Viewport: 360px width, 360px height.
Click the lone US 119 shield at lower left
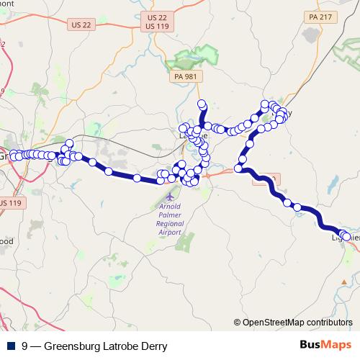(x=10, y=203)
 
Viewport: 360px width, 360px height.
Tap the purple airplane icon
(x=169, y=195)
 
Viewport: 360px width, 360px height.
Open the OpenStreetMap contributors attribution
(x=297, y=323)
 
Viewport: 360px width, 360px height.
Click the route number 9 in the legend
(x=25, y=346)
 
